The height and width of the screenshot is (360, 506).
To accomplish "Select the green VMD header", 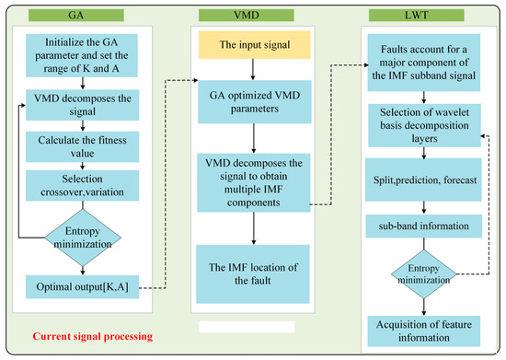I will pyautogui.click(x=251, y=16).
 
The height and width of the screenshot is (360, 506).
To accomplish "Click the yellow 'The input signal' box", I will pyautogui.click(x=252, y=47).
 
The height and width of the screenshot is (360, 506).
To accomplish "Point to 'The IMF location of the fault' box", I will pyautogui.click(x=252, y=273).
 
